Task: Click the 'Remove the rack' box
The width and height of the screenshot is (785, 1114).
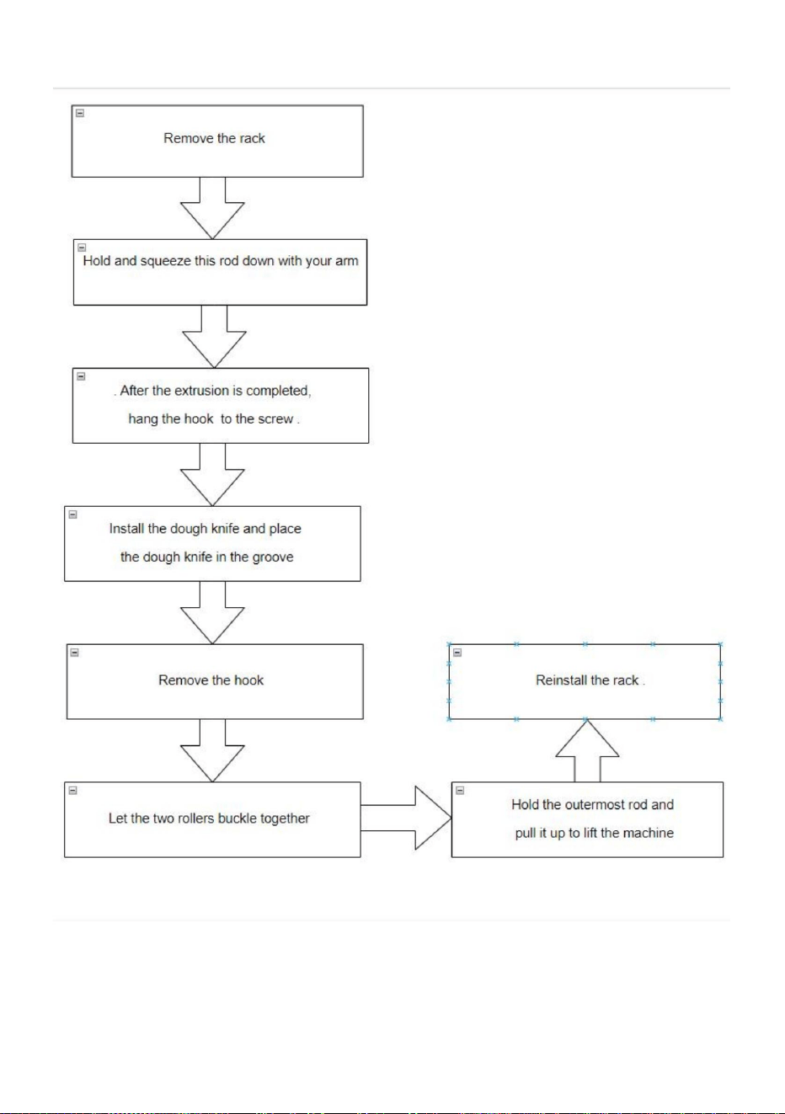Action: [x=217, y=141]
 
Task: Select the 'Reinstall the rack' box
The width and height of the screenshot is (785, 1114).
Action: [x=585, y=681]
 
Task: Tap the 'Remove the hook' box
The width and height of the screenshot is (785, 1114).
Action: [x=215, y=681]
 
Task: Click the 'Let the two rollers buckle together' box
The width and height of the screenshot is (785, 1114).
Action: [x=212, y=819]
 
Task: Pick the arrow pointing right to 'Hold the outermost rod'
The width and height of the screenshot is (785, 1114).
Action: [x=407, y=818]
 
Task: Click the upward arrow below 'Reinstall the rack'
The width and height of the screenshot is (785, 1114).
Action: [x=587, y=751]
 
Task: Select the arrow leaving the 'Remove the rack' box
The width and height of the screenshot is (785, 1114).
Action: [x=212, y=208]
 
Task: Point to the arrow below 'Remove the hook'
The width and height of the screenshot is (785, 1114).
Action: [x=212, y=750]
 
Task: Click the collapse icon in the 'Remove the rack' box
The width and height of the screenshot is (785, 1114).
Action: [x=80, y=113]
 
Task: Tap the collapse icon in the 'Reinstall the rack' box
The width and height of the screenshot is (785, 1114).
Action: [x=457, y=652]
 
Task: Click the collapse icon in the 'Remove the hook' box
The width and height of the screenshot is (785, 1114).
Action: [x=75, y=652]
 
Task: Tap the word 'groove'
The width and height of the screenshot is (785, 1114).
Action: [x=273, y=557]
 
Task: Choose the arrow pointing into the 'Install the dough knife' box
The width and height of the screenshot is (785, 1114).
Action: [x=212, y=475]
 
